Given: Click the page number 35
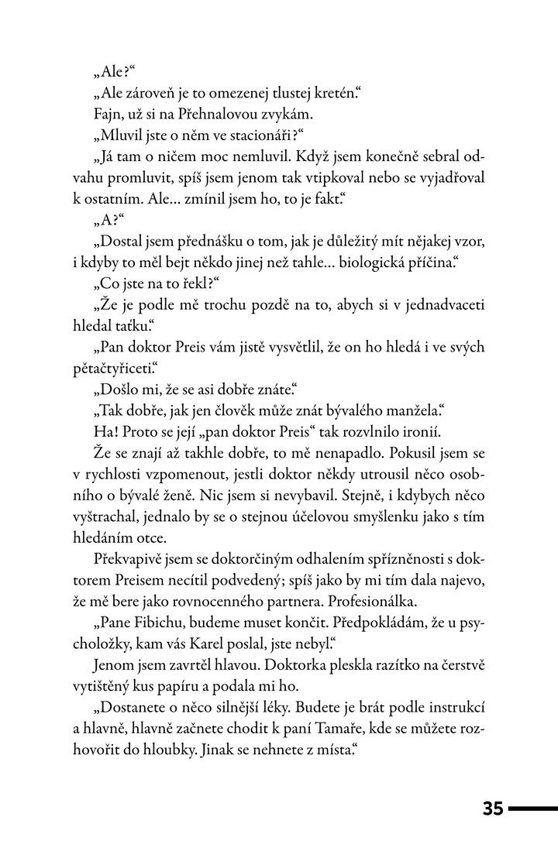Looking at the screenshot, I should [493, 808].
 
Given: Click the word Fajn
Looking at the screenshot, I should [107, 115].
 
